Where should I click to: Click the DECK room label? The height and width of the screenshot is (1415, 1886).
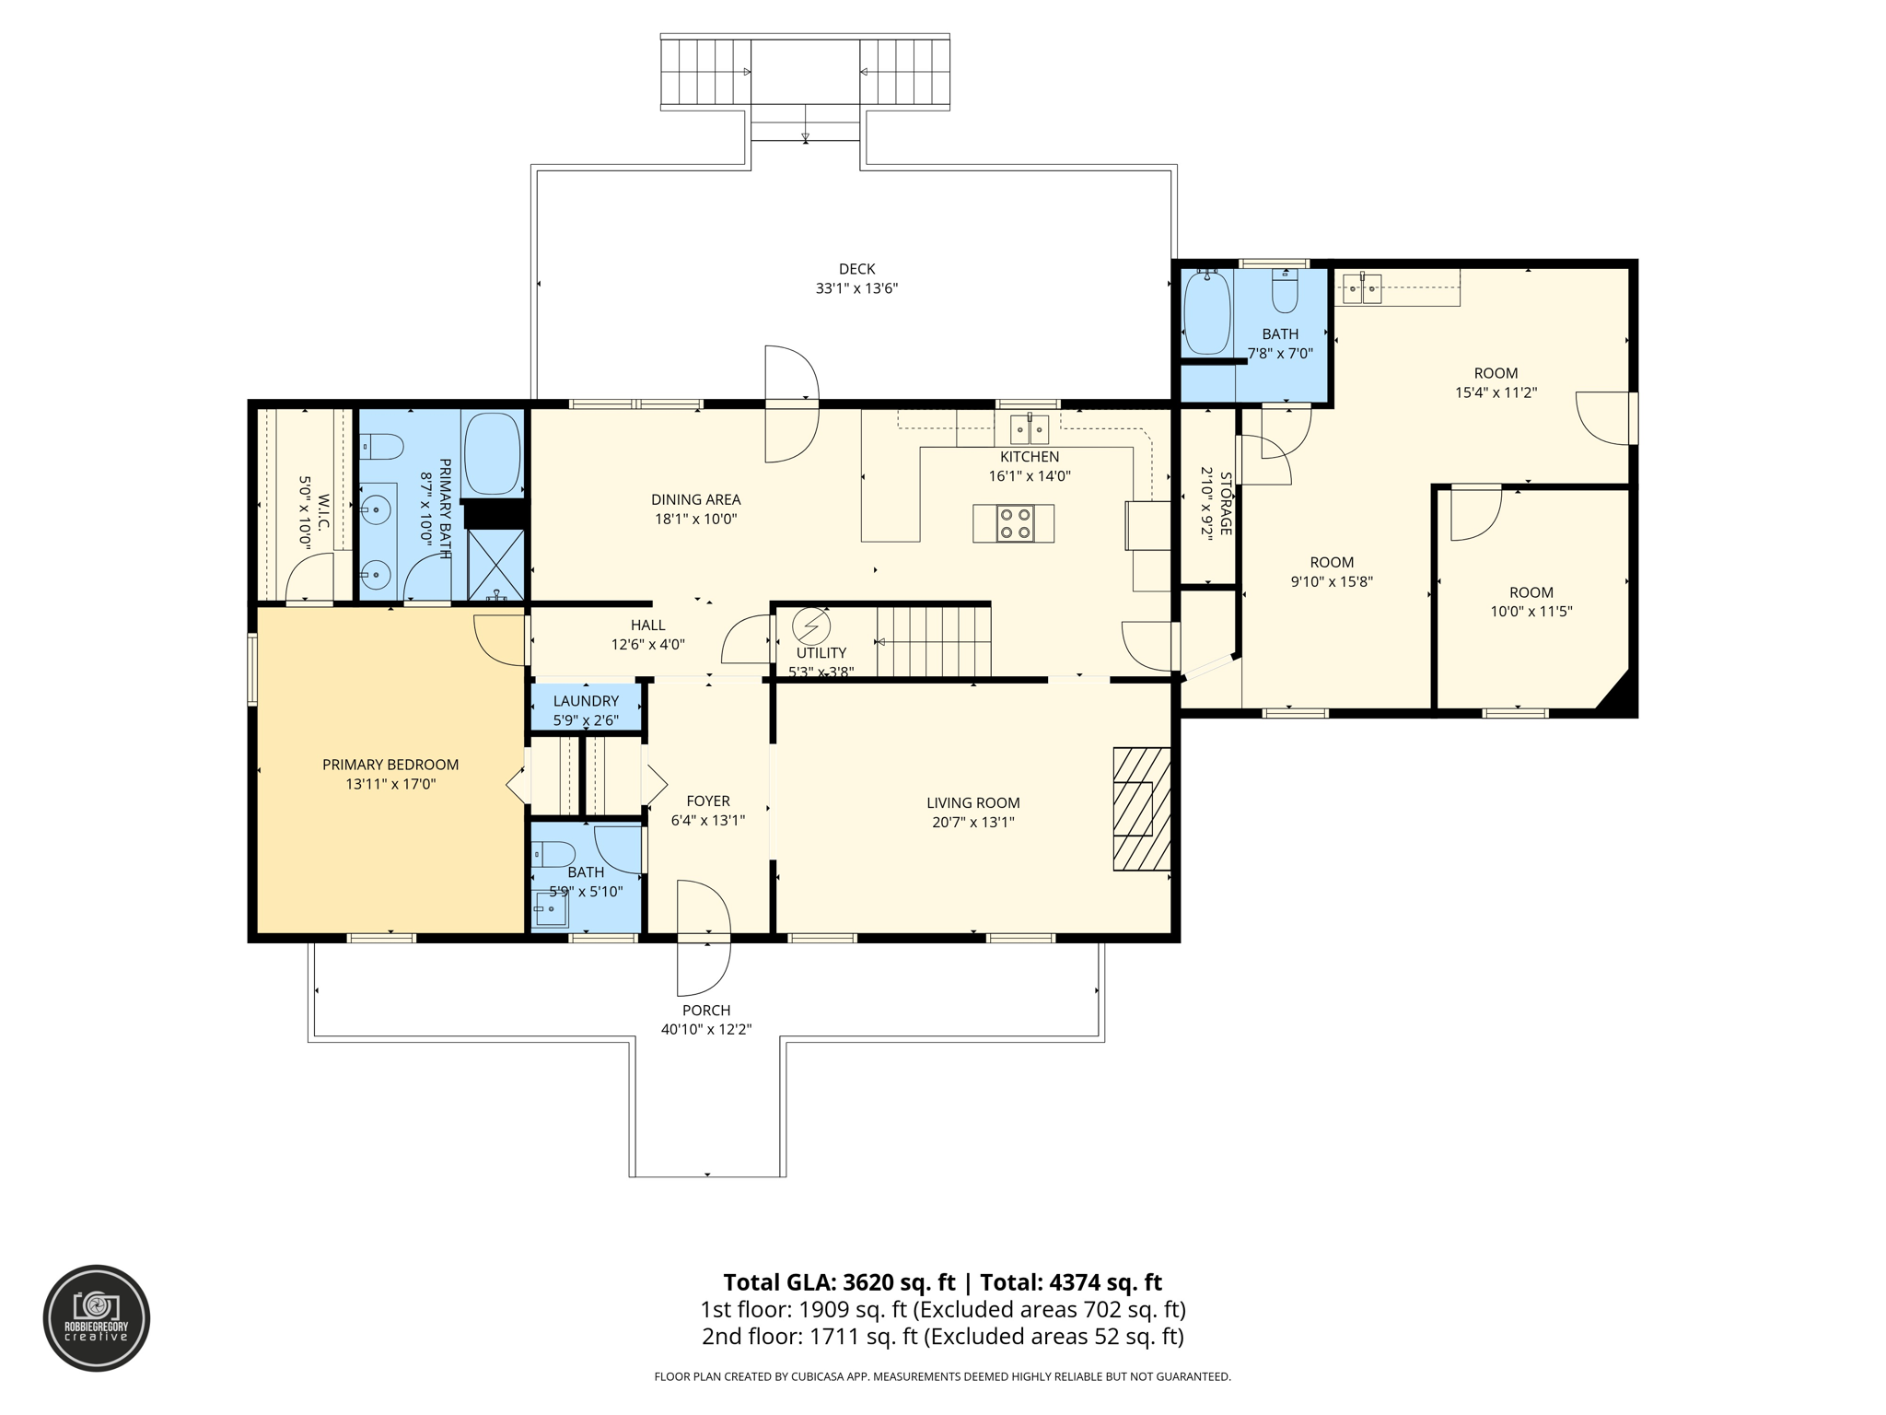[x=856, y=269]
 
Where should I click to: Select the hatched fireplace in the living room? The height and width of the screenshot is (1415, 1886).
[x=1141, y=809]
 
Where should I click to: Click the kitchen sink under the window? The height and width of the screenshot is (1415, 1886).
[x=1030, y=429]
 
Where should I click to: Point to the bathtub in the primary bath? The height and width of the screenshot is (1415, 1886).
[x=492, y=453]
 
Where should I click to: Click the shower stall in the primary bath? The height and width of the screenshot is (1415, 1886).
[x=496, y=565]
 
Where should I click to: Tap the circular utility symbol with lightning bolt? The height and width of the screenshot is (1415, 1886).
[x=811, y=626]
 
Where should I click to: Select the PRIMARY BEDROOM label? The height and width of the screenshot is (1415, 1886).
[x=390, y=765]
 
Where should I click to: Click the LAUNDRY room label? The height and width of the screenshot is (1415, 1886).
[x=586, y=701]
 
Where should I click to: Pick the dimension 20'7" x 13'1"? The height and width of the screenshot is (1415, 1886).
[x=973, y=823]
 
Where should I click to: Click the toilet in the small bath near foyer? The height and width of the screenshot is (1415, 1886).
[x=553, y=854]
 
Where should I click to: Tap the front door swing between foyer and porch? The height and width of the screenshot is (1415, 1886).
[x=704, y=938]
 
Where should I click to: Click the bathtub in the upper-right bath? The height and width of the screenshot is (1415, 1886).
[x=1206, y=313]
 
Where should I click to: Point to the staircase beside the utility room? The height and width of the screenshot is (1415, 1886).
[x=932, y=641]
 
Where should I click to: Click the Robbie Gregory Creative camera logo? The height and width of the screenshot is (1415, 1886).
[x=97, y=1318]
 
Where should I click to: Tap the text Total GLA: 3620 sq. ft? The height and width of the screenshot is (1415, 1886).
[x=839, y=1282]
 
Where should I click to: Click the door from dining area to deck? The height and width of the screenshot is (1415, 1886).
[x=791, y=403]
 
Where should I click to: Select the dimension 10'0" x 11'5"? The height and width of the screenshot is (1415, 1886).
[x=1531, y=612]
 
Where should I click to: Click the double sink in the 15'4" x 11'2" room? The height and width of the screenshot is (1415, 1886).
[x=1362, y=289]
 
